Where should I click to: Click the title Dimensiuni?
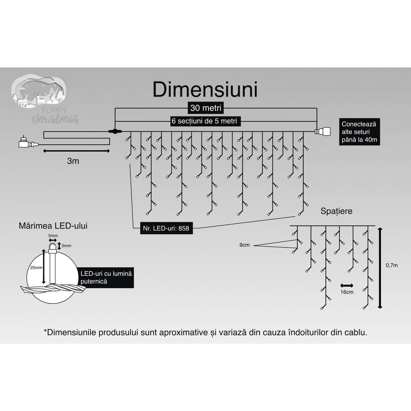point(205,90)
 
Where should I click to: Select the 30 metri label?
point(206,108)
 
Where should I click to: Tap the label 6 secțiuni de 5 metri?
point(204,121)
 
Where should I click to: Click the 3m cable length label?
point(73,161)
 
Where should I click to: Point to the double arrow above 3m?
point(77,151)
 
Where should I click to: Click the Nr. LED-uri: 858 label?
point(166,228)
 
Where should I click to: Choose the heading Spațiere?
point(336,211)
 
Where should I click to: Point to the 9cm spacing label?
point(244,245)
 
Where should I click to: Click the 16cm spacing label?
point(347,292)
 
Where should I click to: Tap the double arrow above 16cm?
point(347,285)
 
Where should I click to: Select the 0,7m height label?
point(391,265)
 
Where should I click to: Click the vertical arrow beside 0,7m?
point(380,268)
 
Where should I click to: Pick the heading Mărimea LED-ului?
point(53,225)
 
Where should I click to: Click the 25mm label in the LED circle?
point(36,268)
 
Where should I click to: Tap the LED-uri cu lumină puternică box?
point(106,277)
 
